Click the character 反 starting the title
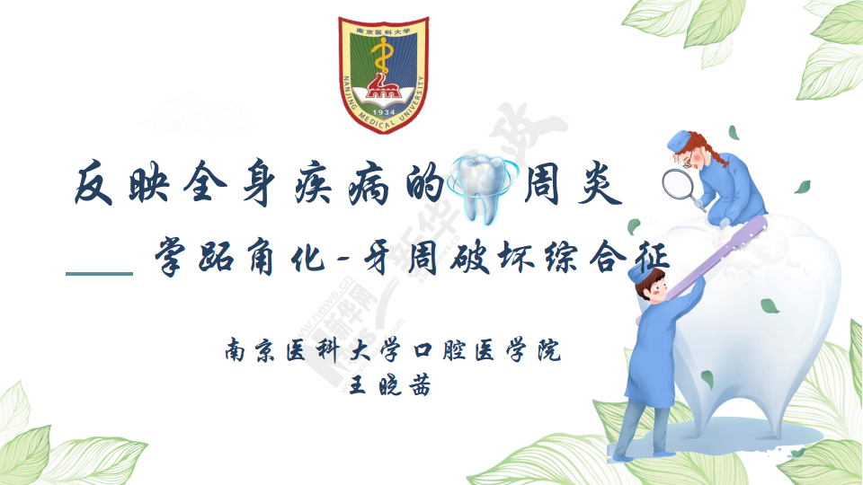pyautogui.click(x=94, y=183)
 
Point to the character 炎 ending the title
pyautogui.click(x=599, y=183)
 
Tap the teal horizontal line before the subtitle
pyautogui.click(x=99, y=273)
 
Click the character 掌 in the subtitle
pyautogui.click(x=173, y=257)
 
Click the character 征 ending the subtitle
pyautogui.click(x=650, y=257)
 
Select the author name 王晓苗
pyautogui.click(x=390, y=385)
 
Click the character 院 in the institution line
pyautogui.click(x=550, y=349)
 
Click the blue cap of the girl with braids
pyautogui.click(x=681, y=142)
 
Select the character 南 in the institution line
pyautogui.click(x=236, y=350)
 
